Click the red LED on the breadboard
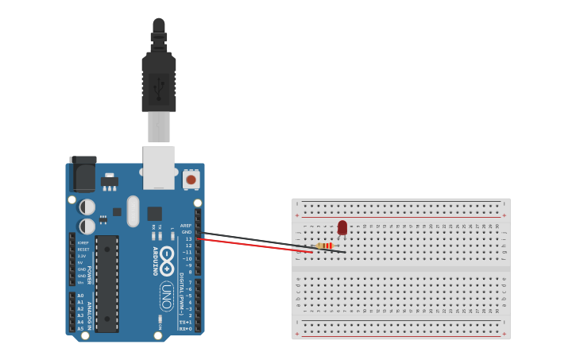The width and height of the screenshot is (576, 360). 342,228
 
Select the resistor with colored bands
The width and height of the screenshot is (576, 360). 324,246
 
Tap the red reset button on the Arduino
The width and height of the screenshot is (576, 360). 191,180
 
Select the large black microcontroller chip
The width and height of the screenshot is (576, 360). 106,283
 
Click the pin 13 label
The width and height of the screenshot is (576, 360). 188,239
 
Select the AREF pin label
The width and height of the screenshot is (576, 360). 186,226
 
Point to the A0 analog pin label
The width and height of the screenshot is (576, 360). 80,296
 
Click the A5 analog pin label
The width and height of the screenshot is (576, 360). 80,328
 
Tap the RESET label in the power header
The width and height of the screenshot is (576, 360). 83,250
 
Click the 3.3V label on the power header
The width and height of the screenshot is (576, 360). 81,256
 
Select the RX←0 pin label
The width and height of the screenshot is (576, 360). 185,328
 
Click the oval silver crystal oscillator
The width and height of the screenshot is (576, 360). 133,211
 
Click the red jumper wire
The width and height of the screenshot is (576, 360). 254,245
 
